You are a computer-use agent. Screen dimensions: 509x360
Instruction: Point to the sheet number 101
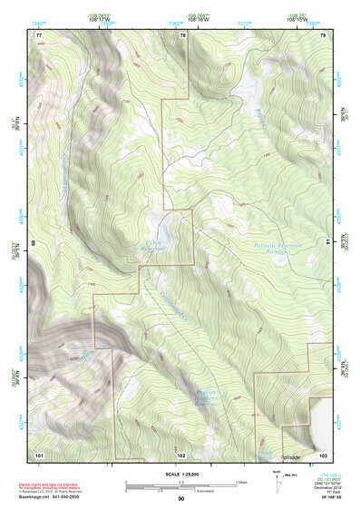40,454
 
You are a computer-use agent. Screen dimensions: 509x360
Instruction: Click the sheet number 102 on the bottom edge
181,454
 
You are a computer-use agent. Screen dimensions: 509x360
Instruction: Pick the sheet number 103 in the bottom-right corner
322,454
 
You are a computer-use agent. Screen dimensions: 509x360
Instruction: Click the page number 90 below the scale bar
180,499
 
